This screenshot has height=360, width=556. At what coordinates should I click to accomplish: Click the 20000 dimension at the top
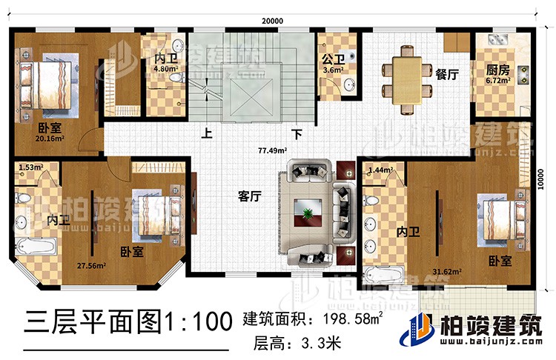point(272,21)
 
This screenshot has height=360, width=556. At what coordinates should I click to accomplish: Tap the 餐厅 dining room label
point(446,74)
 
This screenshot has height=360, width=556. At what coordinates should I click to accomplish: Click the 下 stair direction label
point(297,135)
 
